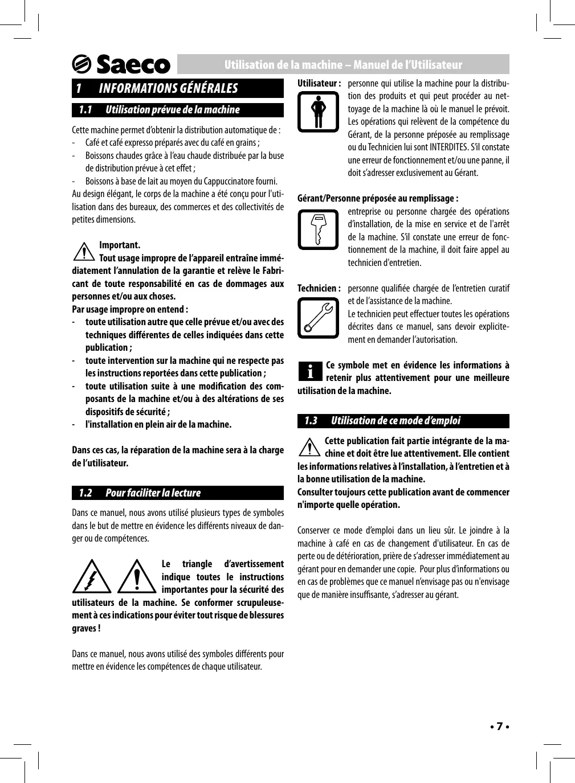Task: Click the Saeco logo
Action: point(121,64)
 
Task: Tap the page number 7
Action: point(499,727)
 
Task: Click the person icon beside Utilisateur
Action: point(318,112)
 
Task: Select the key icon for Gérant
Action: point(318,229)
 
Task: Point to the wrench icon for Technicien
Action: point(318,318)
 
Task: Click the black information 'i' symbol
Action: point(310,372)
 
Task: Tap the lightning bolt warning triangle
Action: point(91,576)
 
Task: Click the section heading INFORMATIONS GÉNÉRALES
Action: point(168,88)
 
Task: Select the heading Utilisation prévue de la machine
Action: point(172,110)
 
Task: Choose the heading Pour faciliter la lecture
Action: point(153,493)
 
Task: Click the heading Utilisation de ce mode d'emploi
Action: point(395,421)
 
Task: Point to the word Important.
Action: point(120,245)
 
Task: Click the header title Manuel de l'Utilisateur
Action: point(407,65)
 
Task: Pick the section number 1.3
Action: point(311,421)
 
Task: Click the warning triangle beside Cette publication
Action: point(309,447)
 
